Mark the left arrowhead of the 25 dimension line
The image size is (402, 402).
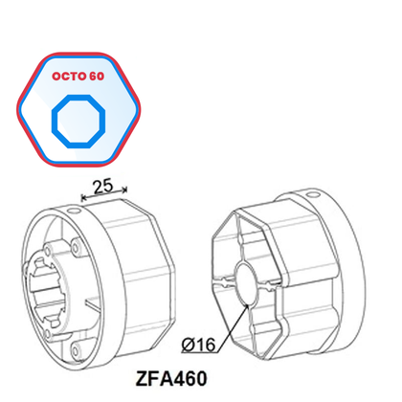tap(86, 199)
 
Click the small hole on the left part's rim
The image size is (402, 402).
tap(72, 208)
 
